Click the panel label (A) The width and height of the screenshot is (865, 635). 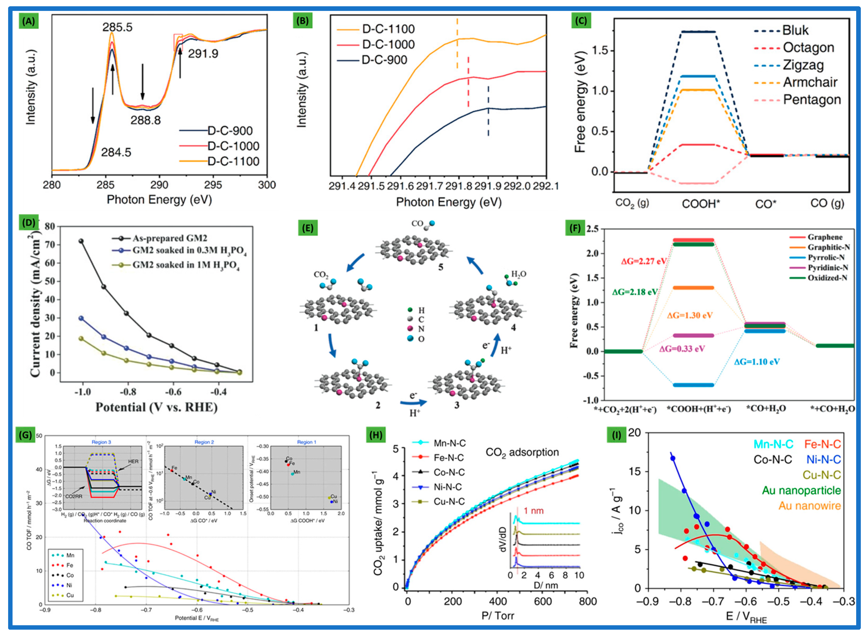[x=28, y=22]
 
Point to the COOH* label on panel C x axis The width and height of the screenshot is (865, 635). [x=701, y=204]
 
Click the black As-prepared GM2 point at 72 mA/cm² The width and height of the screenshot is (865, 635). [x=81, y=241]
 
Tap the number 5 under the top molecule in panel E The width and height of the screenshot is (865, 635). [x=441, y=267]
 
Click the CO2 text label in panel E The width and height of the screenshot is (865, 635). [x=321, y=274]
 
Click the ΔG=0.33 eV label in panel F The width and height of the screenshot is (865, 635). [x=682, y=349]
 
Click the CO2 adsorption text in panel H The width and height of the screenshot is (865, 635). [x=522, y=453]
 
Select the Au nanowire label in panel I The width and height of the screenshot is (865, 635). [x=809, y=506]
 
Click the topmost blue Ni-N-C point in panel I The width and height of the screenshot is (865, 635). [x=673, y=458]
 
